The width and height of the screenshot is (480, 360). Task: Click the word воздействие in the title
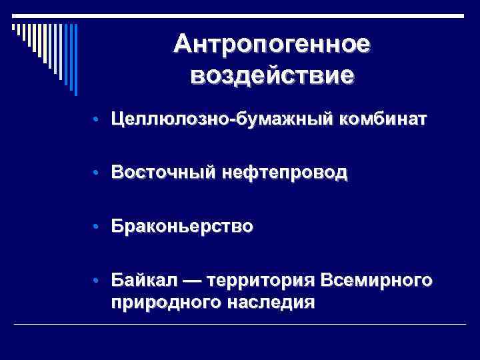pyautogui.click(x=271, y=74)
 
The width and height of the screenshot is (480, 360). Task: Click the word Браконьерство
pyautogui.click(x=182, y=226)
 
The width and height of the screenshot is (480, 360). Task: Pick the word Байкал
pyautogui.click(x=141, y=279)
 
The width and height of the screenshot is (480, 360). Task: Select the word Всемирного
pyautogui.click(x=377, y=279)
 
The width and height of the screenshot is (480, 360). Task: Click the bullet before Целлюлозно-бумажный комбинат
pyautogui.click(x=97, y=121)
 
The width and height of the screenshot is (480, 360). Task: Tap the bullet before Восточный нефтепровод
pyautogui.click(x=97, y=173)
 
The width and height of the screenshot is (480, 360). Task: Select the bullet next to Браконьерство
pyautogui.click(x=97, y=227)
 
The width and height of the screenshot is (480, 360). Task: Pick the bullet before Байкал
pyautogui.click(x=97, y=280)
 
